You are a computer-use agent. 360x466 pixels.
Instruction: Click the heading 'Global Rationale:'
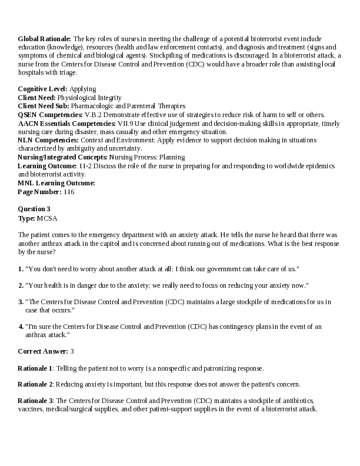(x=45, y=38)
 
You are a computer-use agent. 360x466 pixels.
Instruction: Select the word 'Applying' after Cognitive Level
(x=83, y=89)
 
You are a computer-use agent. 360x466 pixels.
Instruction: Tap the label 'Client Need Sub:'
(x=44, y=106)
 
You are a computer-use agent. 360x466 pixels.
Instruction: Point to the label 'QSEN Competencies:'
(x=51, y=115)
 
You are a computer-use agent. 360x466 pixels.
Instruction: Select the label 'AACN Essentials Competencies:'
(x=66, y=124)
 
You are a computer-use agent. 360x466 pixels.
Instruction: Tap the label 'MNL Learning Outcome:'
(x=56, y=183)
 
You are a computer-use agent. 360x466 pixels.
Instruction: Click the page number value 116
(x=69, y=192)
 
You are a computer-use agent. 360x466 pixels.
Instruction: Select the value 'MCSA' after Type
(x=47, y=218)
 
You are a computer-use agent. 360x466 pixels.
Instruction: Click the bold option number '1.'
(x=21, y=269)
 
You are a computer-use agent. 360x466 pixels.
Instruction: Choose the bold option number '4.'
(x=21, y=326)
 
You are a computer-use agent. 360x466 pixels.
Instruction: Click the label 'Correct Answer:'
(x=43, y=351)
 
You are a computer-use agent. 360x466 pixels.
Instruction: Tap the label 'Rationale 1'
(x=35, y=368)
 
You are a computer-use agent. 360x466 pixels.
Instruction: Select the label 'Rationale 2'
(x=35, y=384)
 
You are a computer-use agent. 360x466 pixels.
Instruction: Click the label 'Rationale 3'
(x=35, y=401)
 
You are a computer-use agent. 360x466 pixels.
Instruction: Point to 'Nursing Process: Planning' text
(x=147, y=157)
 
